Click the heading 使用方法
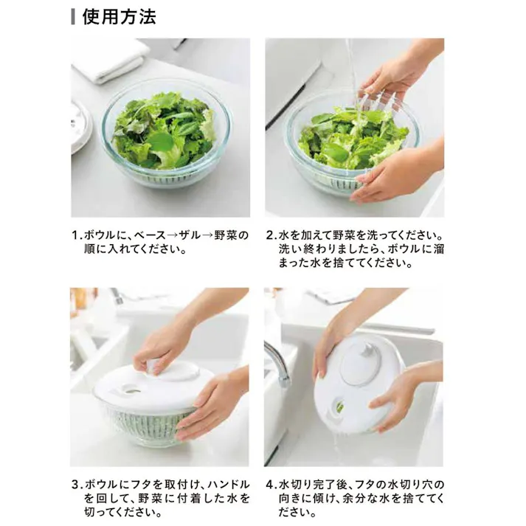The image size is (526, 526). click(x=119, y=15)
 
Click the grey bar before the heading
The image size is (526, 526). click(x=74, y=15)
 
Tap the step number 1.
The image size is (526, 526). click(x=75, y=235)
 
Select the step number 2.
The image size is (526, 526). click(x=270, y=235)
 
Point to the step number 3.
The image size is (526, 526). click(x=75, y=485)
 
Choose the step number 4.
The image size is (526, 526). click(x=270, y=485)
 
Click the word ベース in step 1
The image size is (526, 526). click(x=150, y=235)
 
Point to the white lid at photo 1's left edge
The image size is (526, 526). click(x=79, y=125)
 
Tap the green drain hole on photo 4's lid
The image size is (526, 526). click(x=340, y=406)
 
